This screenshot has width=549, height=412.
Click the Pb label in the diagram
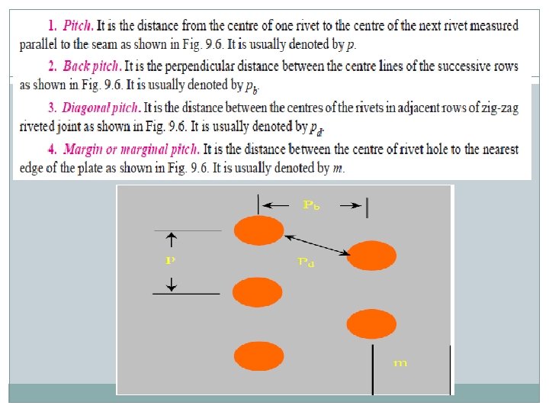click(312, 204)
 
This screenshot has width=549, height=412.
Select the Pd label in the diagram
click(305, 262)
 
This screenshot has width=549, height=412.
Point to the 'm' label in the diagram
click(400, 363)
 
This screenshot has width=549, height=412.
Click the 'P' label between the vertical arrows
click(170, 259)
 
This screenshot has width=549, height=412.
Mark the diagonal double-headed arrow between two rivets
click(317, 245)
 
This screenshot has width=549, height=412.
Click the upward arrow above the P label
click(171, 240)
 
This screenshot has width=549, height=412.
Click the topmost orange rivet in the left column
click(258, 230)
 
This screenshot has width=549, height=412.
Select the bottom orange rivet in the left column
click(258, 356)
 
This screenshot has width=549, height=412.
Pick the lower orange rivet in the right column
click(371, 324)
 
